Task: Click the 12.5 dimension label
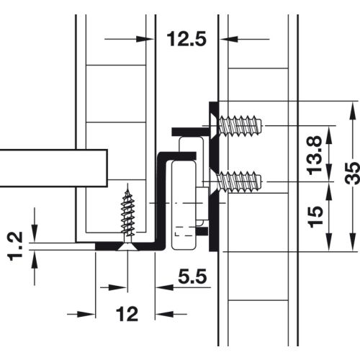tap(186, 39)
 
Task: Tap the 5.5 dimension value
tap(192, 276)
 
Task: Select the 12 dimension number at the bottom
tap(127, 314)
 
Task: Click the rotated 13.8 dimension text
tap(314, 155)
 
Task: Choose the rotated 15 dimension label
tap(315, 217)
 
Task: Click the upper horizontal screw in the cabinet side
tap(235, 125)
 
